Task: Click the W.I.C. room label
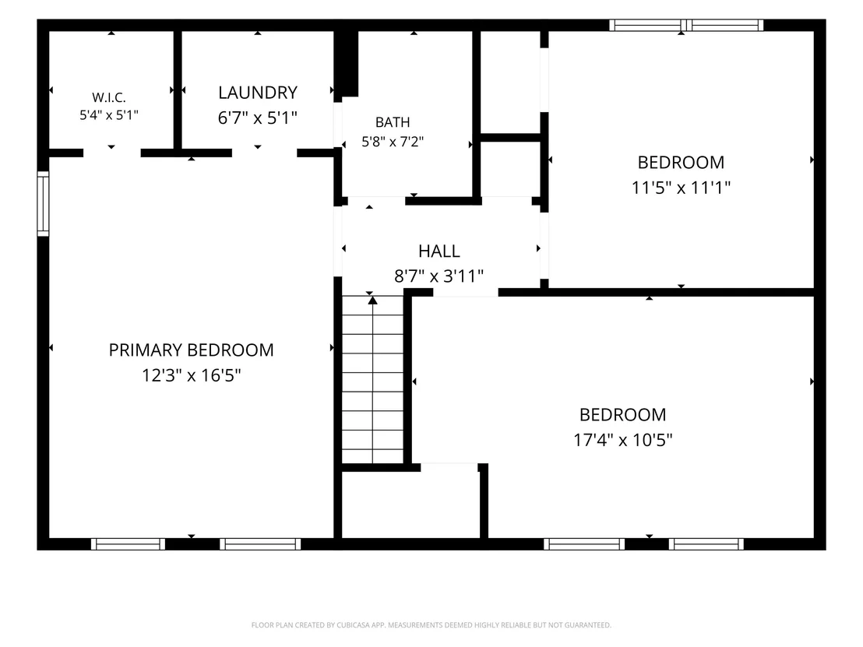(109, 97)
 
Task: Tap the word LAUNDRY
(258, 93)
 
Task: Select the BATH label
(393, 122)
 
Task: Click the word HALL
(439, 251)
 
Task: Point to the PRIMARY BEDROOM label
(191, 350)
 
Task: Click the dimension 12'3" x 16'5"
(191, 375)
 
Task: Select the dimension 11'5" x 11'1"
(681, 188)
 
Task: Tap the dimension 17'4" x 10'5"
(622, 440)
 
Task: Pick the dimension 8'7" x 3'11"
(439, 276)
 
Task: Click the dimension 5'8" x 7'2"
(393, 142)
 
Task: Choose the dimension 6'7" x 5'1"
(258, 118)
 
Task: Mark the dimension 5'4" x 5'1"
(109, 115)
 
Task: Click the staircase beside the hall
(372, 380)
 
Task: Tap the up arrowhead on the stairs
(372, 301)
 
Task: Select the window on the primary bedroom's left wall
(43, 204)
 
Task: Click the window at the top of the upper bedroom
(685, 26)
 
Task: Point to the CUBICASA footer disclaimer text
(431, 625)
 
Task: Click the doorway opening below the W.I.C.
(111, 153)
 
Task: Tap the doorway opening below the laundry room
(264, 153)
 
